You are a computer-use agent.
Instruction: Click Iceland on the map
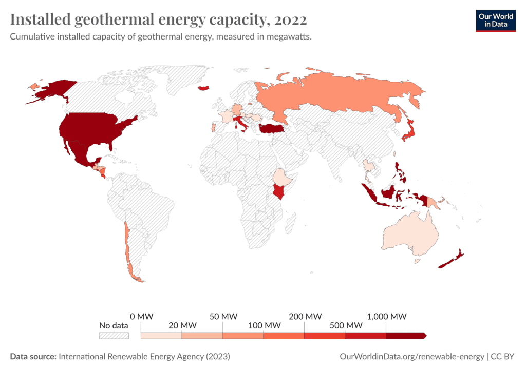point(204,88)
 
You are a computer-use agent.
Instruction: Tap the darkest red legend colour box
point(405,336)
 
